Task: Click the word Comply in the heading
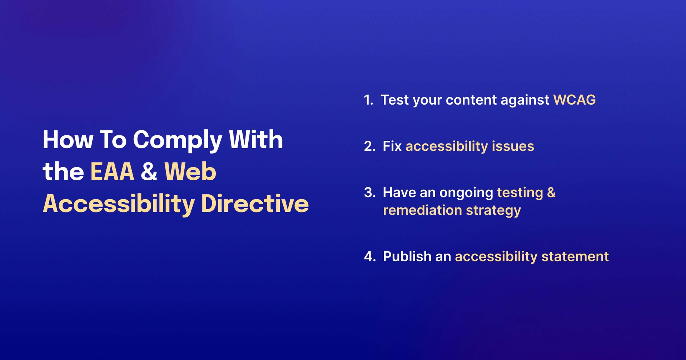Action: [178, 140]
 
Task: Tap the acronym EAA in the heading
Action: [112, 172]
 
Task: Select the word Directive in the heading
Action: [255, 204]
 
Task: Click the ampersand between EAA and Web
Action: [149, 172]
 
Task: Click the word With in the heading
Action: [256, 140]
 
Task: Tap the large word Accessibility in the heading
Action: [119, 204]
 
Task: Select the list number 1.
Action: [368, 100]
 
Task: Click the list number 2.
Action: [369, 146]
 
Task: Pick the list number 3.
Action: [369, 193]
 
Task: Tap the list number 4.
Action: [369, 257]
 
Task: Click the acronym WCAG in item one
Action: [574, 100]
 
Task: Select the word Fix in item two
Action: [392, 146]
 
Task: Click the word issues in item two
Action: [513, 146]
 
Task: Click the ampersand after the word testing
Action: [551, 192]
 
